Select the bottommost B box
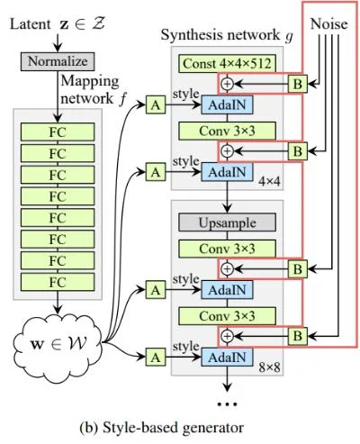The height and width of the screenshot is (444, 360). tap(294, 334)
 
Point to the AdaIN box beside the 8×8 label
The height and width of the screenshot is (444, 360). tap(228, 357)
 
